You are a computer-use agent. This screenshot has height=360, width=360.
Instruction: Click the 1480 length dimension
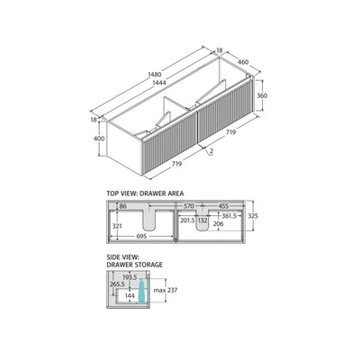[x=155, y=74]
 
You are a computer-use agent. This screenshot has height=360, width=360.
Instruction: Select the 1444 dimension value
[x=159, y=83]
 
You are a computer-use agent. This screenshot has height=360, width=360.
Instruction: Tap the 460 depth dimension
[x=243, y=62]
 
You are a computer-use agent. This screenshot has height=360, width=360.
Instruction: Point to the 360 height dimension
[x=262, y=95]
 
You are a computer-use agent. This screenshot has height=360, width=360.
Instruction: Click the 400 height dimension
[x=99, y=139]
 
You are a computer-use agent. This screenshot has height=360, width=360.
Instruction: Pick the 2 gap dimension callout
[x=211, y=151]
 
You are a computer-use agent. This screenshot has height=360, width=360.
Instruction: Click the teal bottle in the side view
[x=142, y=290]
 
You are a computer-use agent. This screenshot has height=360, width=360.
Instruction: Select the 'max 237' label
[x=166, y=290]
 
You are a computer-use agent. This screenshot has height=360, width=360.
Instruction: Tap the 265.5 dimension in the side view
[x=117, y=283]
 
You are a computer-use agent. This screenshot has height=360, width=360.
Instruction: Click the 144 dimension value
[x=130, y=296]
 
